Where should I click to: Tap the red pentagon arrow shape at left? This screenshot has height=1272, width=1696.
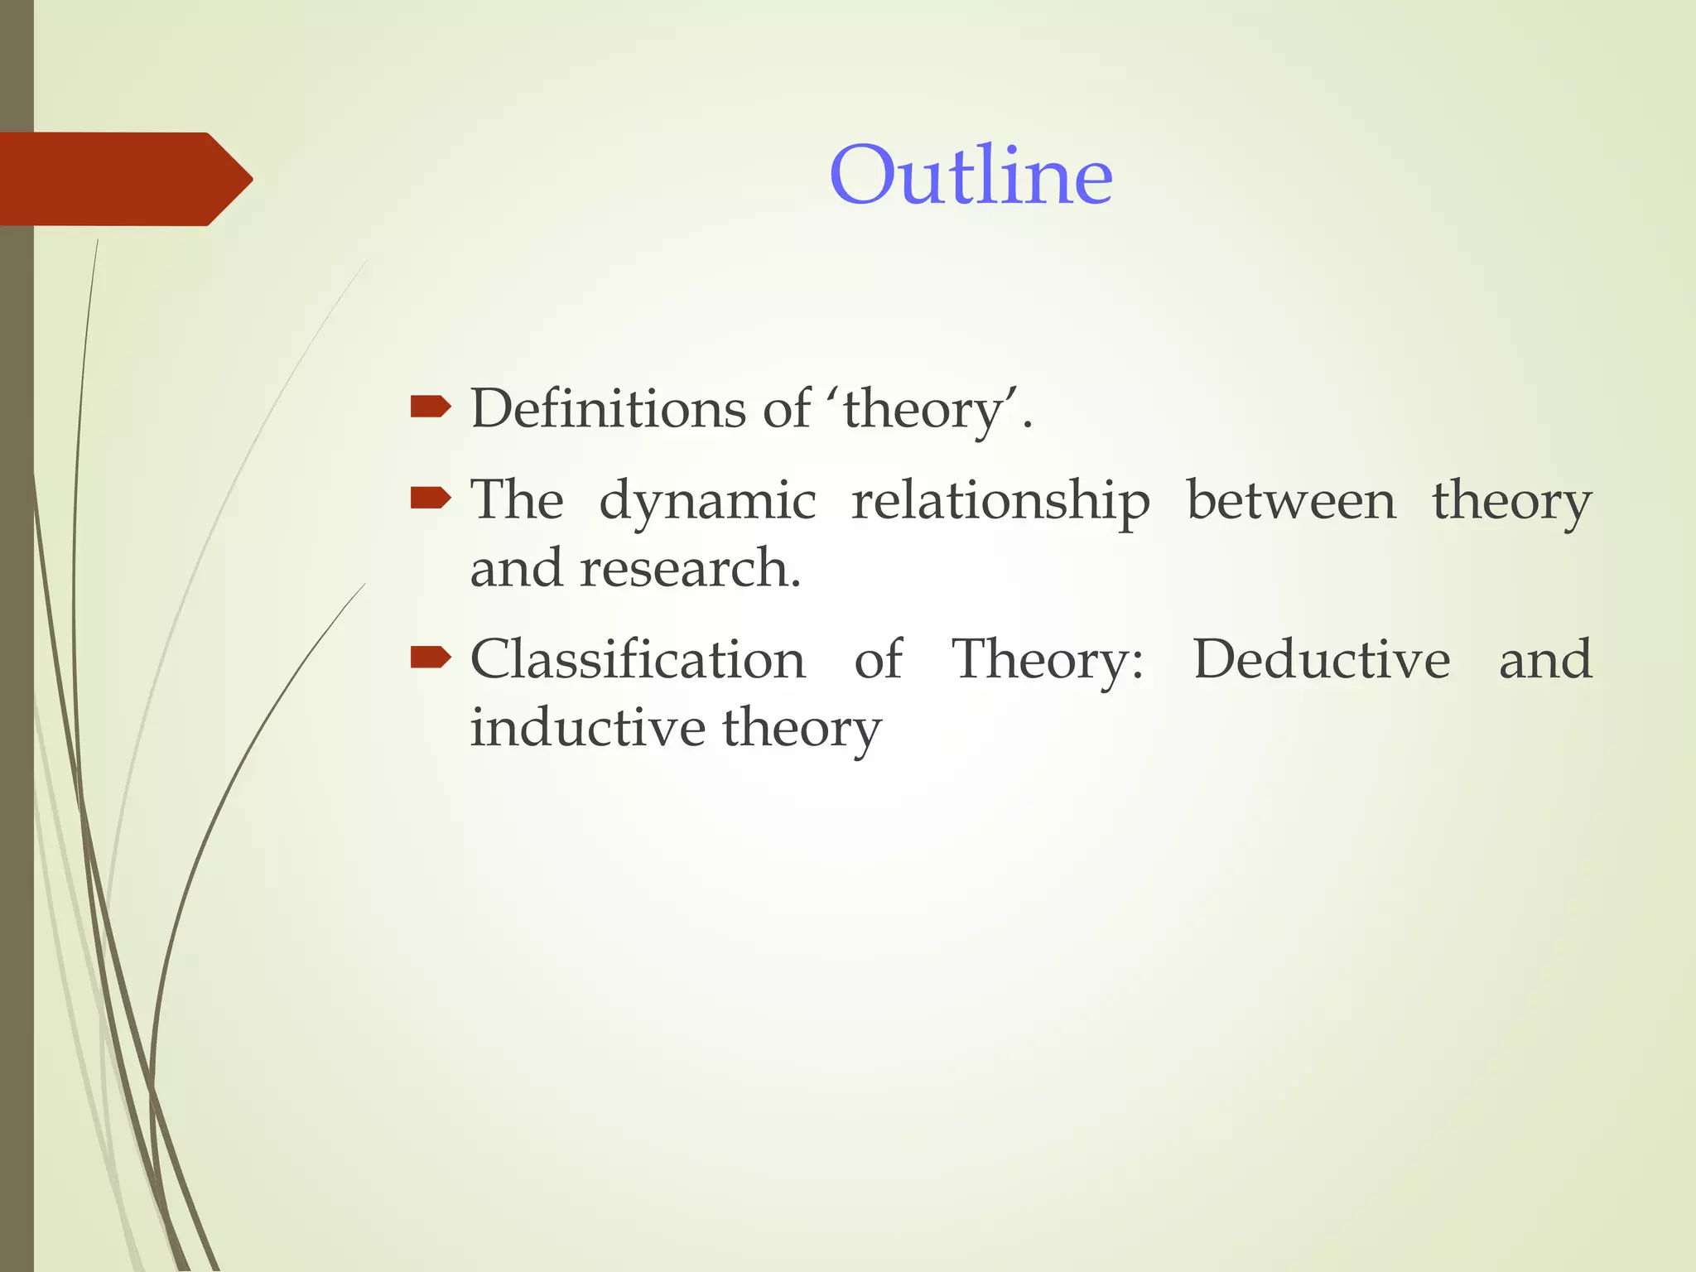124,179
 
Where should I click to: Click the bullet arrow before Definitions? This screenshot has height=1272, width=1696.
430,407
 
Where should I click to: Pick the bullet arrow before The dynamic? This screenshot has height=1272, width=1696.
430,498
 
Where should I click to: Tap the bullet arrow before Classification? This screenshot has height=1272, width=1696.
430,658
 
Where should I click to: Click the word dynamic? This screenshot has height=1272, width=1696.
707,502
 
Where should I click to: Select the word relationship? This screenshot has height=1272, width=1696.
1000,502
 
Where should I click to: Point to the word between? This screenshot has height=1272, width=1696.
1291,500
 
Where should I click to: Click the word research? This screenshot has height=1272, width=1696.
690,569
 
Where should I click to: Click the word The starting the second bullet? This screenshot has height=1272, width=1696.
517,500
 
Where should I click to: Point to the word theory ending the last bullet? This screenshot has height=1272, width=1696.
801,729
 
